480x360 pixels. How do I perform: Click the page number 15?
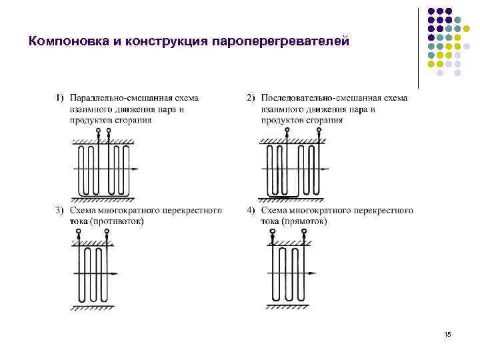[x=447, y=333]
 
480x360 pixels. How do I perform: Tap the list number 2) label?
[x=251, y=98]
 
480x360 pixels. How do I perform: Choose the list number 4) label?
[x=251, y=211]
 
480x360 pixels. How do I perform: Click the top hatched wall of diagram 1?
[x=103, y=141]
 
